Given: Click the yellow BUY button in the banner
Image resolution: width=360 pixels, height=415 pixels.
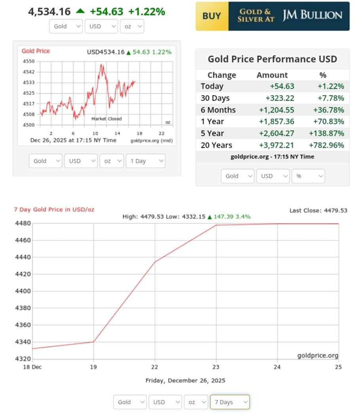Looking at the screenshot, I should (x=212, y=16).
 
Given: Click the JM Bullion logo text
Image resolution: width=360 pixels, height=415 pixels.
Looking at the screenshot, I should (x=312, y=16).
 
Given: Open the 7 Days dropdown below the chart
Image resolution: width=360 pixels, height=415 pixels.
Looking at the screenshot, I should (x=229, y=402).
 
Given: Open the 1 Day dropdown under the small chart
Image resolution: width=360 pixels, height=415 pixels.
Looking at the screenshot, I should (x=145, y=161).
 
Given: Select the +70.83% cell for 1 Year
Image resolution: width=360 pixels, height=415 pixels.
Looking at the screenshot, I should (x=331, y=122).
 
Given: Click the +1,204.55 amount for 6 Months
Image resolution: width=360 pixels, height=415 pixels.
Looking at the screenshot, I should (x=277, y=110).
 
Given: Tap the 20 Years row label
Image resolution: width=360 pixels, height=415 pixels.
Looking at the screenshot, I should (x=216, y=145).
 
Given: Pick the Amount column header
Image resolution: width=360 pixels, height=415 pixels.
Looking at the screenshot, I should (x=272, y=75).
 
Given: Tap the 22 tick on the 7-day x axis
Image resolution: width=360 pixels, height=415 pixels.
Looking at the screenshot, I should (x=155, y=367).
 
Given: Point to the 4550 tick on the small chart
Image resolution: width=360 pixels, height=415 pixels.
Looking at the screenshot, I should (x=29, y=61).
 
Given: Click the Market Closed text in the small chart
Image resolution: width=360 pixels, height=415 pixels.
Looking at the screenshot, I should (x=106, y=119).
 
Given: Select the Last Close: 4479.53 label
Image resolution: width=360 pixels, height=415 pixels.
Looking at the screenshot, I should (x=318, y=210).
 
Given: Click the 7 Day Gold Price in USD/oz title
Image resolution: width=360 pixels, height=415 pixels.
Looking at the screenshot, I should (x=54, y=209).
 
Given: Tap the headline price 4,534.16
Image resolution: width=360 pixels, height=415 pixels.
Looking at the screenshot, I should (x=49, y=11).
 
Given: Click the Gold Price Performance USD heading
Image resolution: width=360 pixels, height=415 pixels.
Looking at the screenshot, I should (x=272, y=59).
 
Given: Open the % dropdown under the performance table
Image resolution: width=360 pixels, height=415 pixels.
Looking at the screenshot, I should (x=308, y=176).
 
